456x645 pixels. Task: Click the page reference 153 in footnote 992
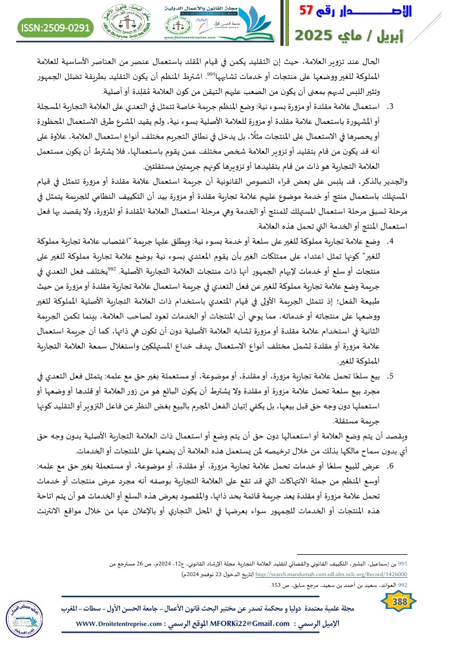tap(275, 585)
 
